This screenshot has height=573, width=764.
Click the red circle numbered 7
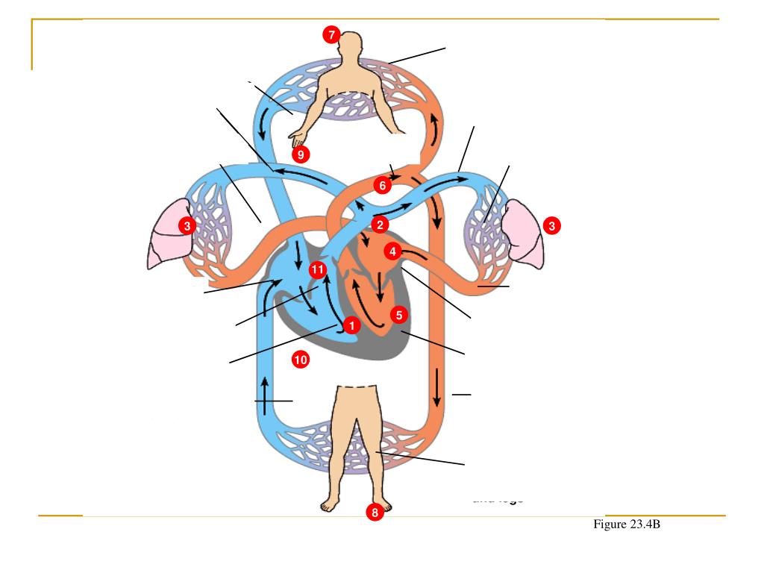tap(331, 35)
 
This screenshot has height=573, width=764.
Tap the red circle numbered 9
tap(300, 154)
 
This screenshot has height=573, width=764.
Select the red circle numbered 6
tap(382, 185)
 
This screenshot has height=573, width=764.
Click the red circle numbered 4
tap(393, 251)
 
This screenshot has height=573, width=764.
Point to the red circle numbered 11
tap(317, 269)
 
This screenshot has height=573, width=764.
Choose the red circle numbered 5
tap(399, 315)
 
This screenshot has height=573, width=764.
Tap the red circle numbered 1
tap(350, 325)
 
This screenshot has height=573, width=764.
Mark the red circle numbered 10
tap(300, 360)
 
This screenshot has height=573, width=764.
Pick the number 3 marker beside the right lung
tap(551, 225)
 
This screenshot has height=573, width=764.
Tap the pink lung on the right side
tap(526, 233)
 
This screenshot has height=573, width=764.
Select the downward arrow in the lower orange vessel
tap(437, 389)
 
